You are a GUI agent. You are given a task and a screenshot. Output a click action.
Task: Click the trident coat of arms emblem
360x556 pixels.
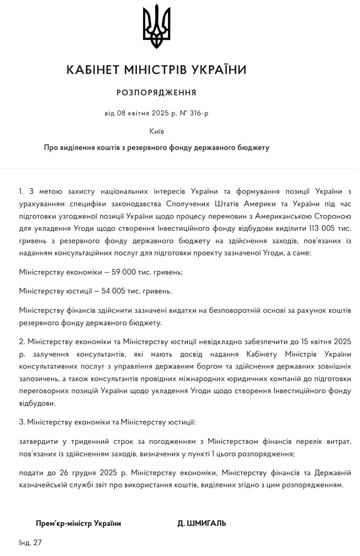point(156,26)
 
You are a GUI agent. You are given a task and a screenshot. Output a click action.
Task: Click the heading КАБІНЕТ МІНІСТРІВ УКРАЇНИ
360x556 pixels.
point(156,69)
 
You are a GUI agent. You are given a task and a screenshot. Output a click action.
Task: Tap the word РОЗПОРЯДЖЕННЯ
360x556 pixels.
point(156,93)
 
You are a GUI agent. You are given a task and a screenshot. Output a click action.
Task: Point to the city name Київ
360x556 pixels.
point(156,131)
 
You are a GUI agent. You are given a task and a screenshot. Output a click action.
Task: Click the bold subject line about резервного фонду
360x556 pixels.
point(156,148)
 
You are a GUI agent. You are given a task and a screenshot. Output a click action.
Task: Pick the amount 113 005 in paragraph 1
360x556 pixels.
point(322,228)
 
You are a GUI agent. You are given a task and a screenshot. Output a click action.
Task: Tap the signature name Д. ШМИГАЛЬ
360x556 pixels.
point(201,523)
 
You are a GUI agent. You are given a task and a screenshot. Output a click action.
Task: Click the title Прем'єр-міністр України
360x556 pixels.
point(79,523)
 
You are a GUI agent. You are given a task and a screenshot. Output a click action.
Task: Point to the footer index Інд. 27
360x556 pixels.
point(30,543)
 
